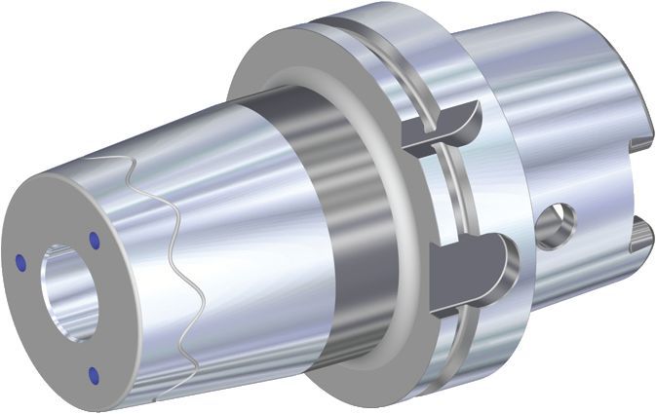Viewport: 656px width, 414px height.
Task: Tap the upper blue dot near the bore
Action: pyautogui.click(x=95, y=238)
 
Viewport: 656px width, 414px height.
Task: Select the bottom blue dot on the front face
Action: pyautogui.click(x=94, y=372)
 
